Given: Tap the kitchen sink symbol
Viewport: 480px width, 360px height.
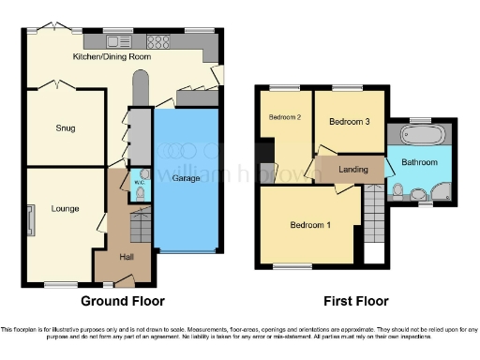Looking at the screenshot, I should [119, 41].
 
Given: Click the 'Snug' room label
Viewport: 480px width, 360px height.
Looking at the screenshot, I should [65, 128].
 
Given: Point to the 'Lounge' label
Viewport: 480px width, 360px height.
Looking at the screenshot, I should [65, 208].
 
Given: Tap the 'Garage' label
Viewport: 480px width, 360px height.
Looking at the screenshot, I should [186, 177].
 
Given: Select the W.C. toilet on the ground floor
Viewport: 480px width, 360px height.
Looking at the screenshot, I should [139, 193].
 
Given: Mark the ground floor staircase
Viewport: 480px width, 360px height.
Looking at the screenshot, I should [140, 226].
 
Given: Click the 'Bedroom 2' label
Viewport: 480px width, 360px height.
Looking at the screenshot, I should [285, 117].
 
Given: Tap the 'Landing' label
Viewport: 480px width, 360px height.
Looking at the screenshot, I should [352, 169].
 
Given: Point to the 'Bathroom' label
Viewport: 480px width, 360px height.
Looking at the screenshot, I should [420, 162].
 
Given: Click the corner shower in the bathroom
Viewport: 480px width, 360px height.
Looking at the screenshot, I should [437, 192].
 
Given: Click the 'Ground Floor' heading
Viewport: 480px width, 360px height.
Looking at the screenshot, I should [123, 301].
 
